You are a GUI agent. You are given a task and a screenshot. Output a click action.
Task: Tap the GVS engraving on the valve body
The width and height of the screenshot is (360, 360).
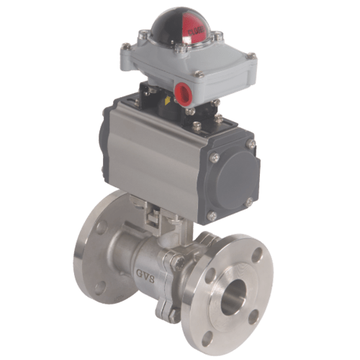145,276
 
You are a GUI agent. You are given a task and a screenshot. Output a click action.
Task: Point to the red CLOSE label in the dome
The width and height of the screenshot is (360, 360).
197,31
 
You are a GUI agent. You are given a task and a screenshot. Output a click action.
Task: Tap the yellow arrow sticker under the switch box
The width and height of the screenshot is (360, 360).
168,100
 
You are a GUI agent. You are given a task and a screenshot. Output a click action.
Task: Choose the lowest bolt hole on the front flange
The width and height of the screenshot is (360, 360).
207,338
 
